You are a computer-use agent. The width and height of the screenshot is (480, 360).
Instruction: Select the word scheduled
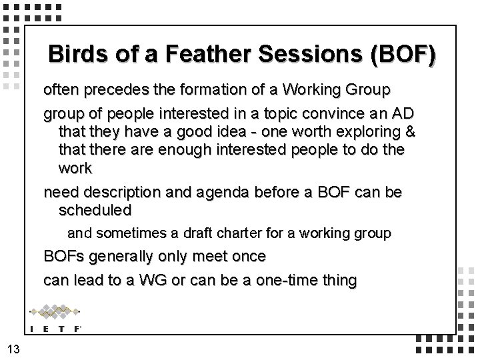(95, 210)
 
